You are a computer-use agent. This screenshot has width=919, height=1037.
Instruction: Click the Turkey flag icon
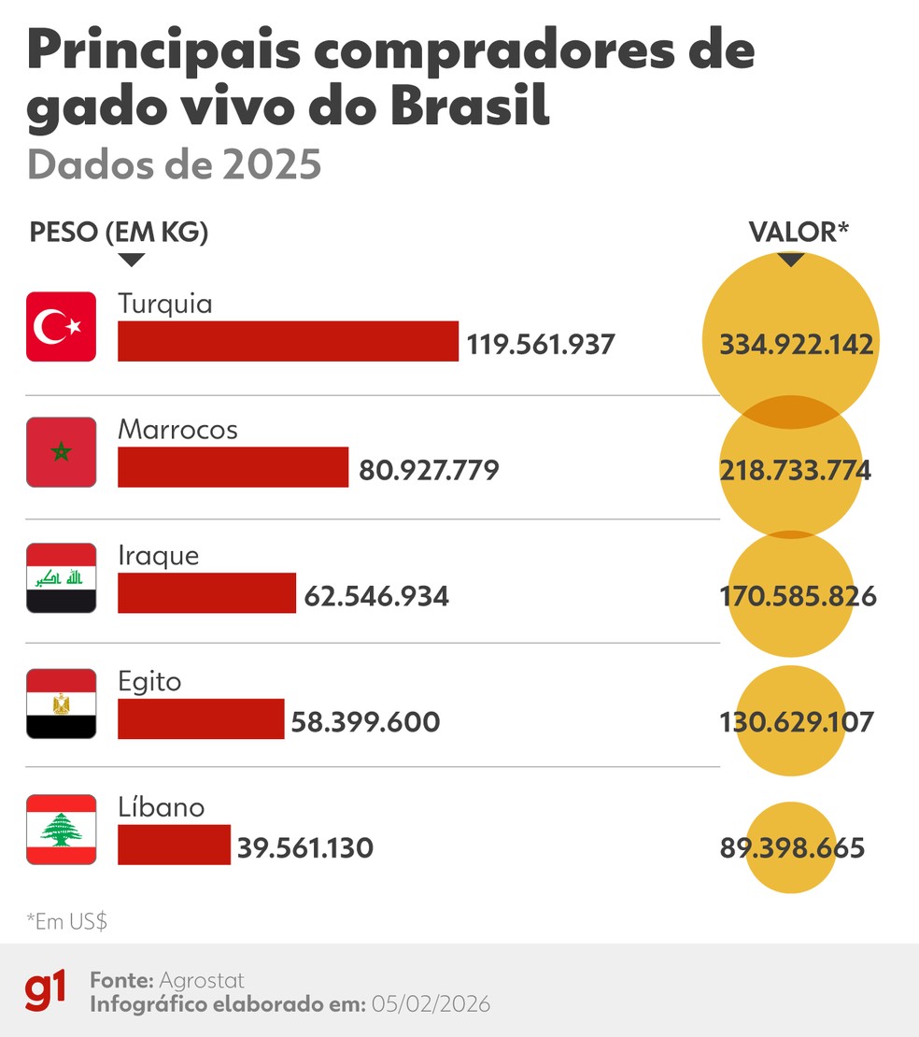point(61,326)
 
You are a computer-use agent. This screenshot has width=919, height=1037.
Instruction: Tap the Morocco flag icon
point(61,452)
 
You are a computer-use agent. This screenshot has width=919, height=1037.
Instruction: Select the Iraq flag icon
point(61,577)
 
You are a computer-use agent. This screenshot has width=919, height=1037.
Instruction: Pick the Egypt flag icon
point(61,703)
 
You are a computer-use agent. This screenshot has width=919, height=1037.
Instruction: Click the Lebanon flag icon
point(61,829)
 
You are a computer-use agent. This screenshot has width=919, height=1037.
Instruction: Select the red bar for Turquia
point(288,341)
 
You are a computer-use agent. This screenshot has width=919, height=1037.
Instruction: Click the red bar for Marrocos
point(233,467)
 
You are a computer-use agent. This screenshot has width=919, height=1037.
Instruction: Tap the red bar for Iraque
point(206,593)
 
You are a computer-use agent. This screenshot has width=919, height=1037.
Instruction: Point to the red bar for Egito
point(201,718)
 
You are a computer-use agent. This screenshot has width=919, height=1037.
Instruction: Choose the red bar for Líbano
point(174,845)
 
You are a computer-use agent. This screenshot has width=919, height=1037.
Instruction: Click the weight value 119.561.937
point(541,345)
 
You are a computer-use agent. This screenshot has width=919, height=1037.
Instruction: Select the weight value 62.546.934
point(376,596)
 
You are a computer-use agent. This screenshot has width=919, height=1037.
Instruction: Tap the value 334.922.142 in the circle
point(796,345)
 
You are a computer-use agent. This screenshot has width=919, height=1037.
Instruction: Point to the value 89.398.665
point(792,848)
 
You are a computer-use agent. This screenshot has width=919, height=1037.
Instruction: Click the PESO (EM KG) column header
point(119,233)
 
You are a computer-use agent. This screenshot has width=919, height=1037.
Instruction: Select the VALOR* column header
point(798,233)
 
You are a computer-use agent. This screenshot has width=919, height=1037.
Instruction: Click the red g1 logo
point(46,990)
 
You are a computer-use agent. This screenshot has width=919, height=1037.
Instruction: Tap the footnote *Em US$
point(67,921)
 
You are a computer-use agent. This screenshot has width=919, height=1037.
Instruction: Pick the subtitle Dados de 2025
point(174,164)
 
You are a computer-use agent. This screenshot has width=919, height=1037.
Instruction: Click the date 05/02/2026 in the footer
point(431,1004)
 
